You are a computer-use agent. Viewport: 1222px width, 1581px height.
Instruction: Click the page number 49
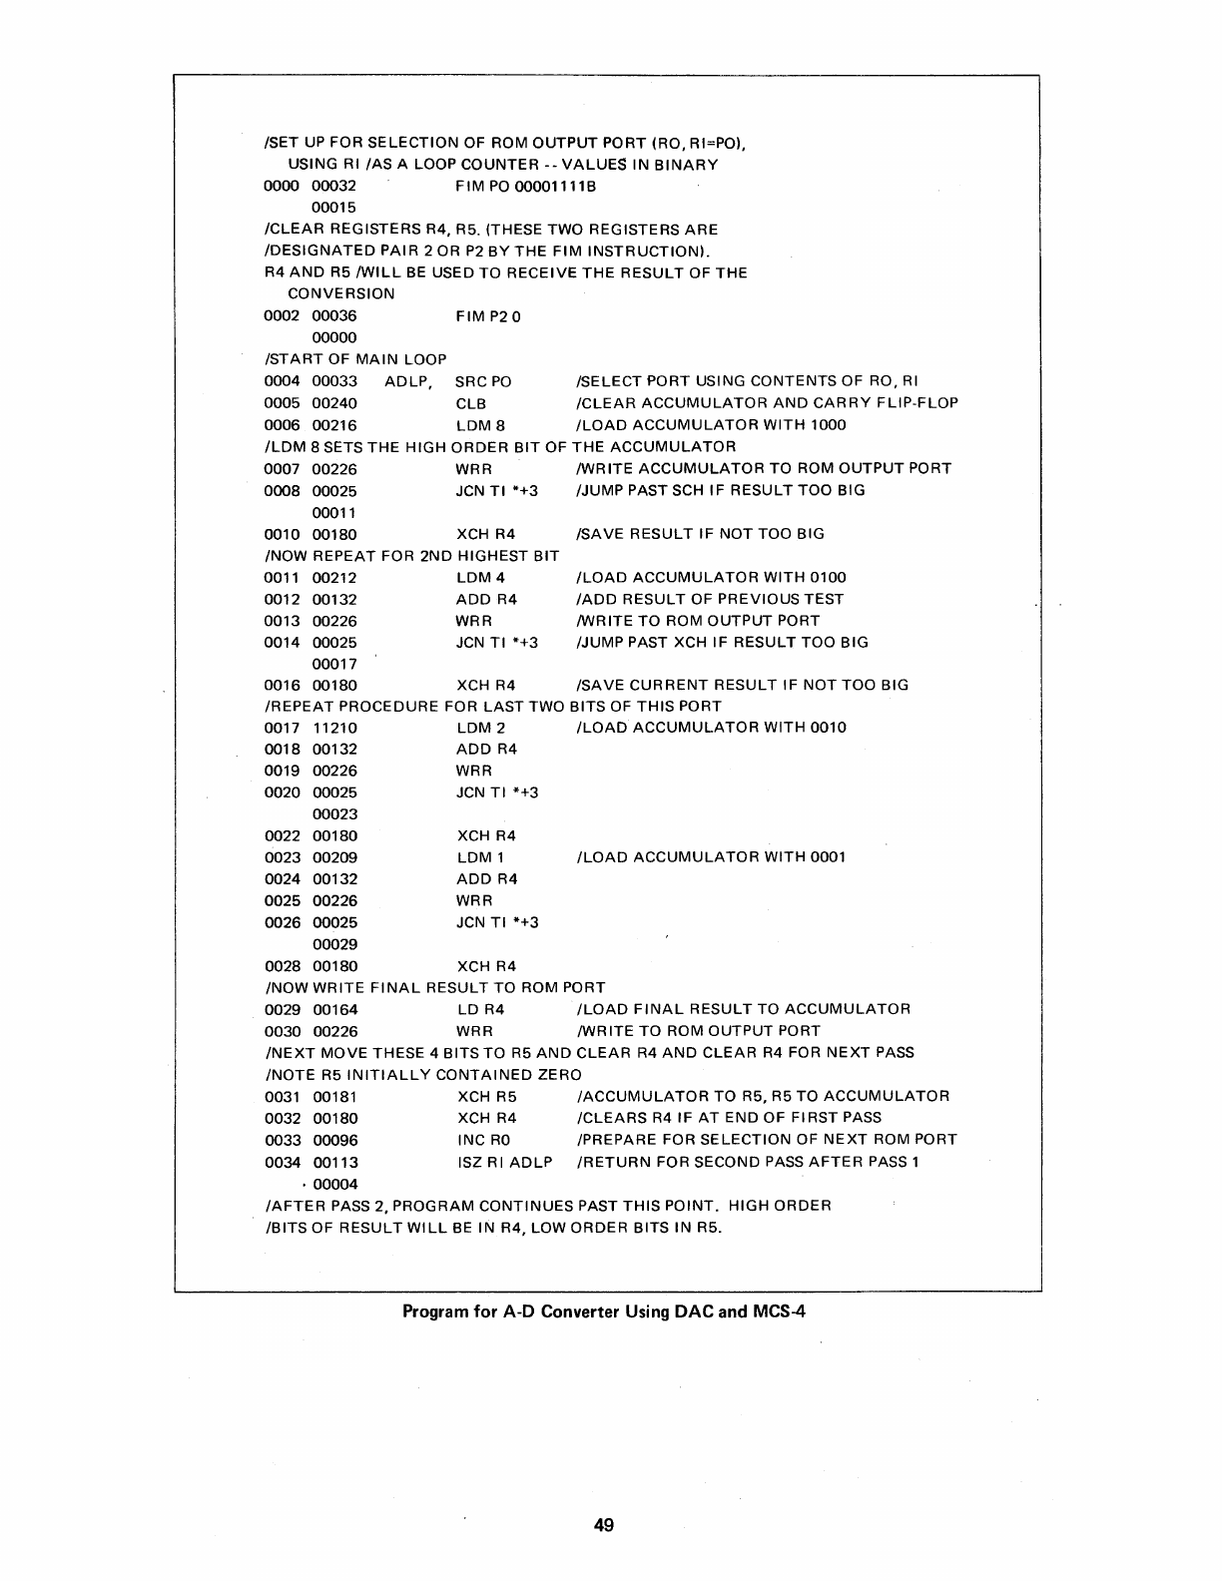pyautogui.click(x=603, y=1524)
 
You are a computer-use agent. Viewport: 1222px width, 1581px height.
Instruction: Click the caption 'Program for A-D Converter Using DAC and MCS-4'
pyautogui.click(x=603, y=1311)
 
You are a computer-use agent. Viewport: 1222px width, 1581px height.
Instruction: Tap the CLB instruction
pyautogui.click(x=471, y=403)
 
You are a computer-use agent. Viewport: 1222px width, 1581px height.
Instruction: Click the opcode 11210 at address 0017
pyautogui.click(x=334, y=728)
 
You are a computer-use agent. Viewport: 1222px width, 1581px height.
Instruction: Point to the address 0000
pyautogui.click(x=282, y=187)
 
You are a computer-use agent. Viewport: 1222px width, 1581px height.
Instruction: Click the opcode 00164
pyautogui.click(x=334, y=1009)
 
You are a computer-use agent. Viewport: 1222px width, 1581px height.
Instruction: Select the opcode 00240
pyautogui.click(x=334, y=403)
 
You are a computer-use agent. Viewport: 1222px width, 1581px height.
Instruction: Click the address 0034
pyautogui.click(x=282, y=1162)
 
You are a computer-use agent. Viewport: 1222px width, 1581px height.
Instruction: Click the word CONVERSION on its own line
pyautogui.click(x=340, y=294)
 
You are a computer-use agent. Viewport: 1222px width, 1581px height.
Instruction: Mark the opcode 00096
pyautogui.click(x=334, y=1140)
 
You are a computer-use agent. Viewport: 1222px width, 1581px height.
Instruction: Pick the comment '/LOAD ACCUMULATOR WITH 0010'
pyautogui.click(x=712, y=728)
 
